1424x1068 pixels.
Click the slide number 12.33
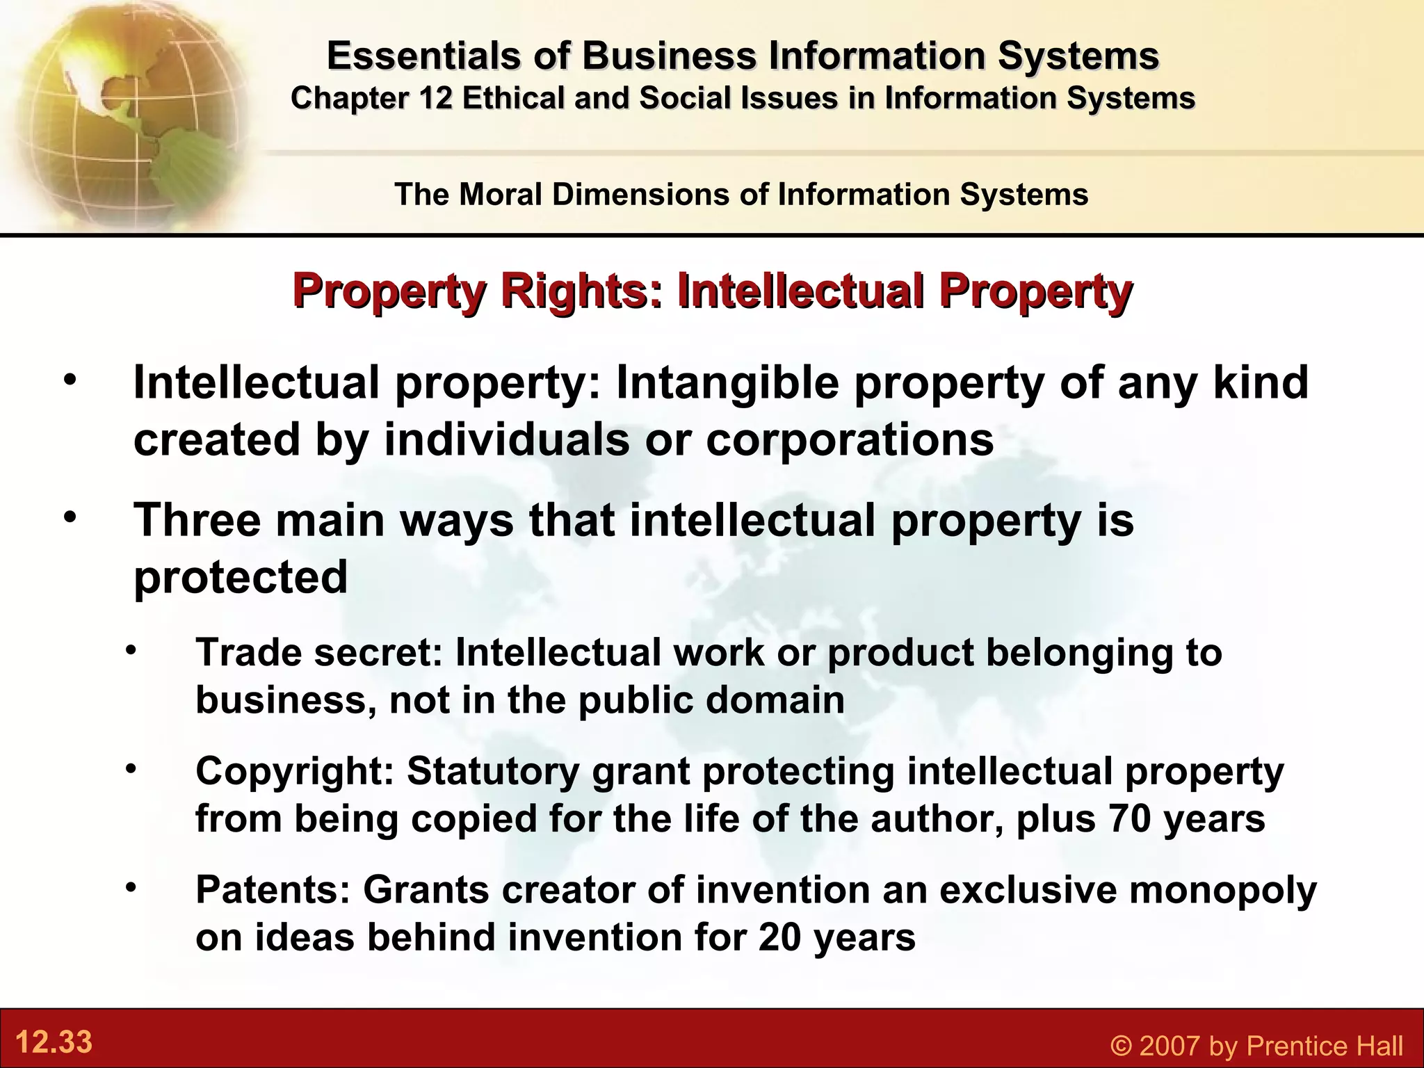(54, 1042)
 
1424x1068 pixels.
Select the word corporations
(850, 439)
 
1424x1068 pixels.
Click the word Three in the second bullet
(197, 519)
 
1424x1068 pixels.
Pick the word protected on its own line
(241, 576)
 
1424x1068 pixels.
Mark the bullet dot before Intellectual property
(70, 380)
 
